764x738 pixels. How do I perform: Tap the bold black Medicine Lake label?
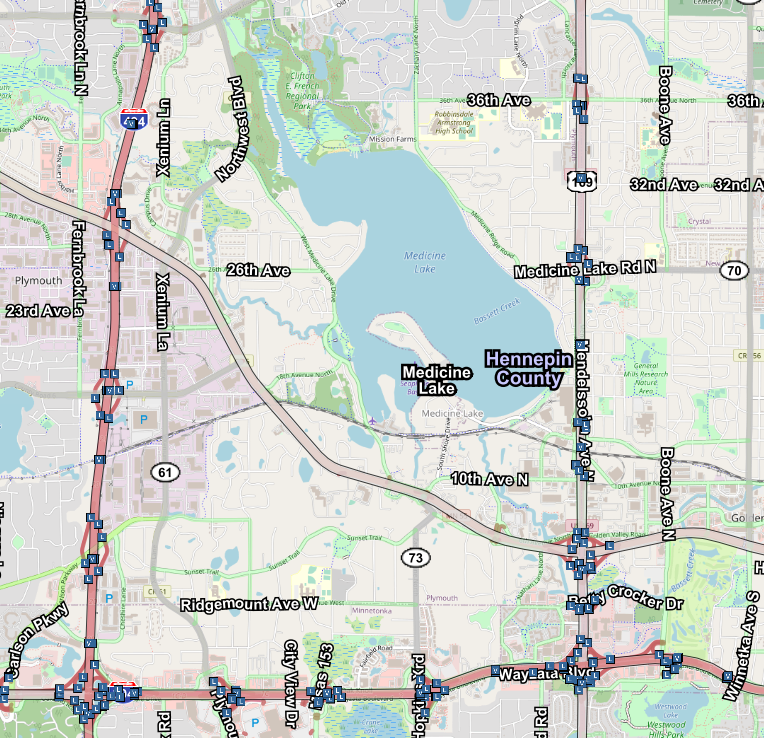(437, 380)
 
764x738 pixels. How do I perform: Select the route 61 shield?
(166, 470)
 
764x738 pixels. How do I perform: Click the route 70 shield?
(735, 270)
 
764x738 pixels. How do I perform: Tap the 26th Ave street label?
(257, 271)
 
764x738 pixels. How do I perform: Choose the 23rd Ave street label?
(38, 311)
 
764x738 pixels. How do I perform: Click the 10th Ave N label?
(489, 480)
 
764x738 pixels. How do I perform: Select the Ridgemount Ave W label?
(249, 605)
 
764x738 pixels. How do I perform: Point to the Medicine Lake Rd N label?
(585, 270)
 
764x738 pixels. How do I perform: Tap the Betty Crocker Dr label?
(625, 602)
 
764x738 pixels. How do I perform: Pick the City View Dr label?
(291, 684)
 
